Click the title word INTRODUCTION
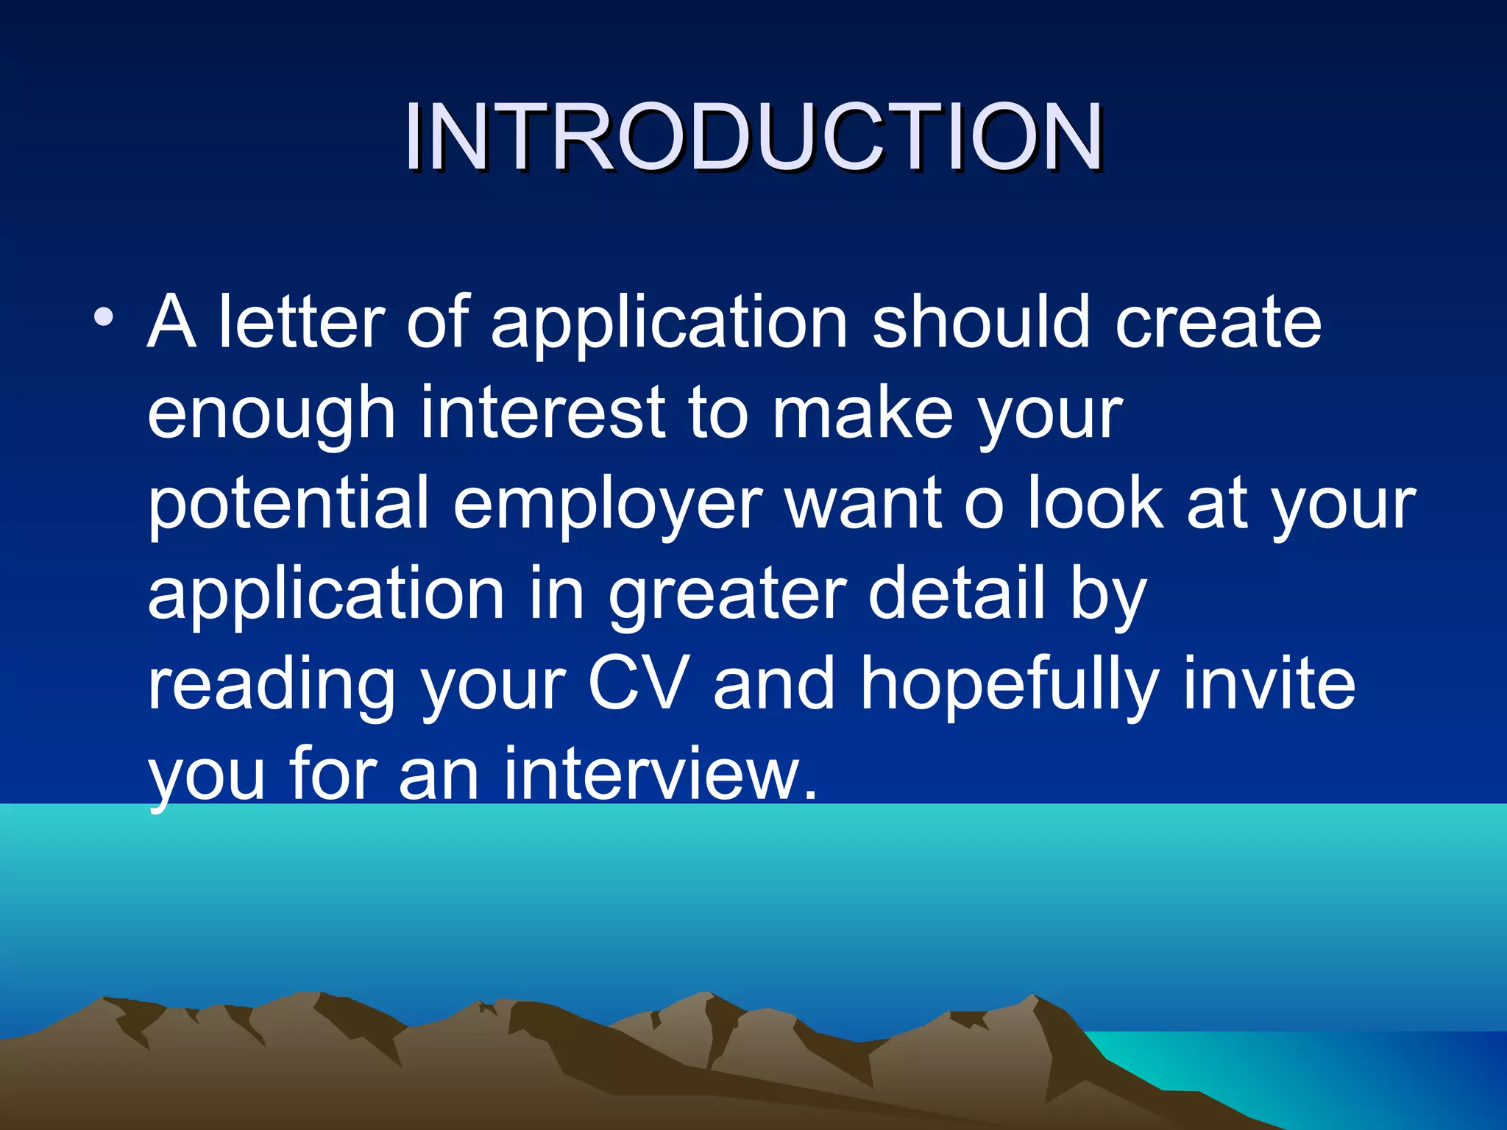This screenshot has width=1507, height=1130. (753, 137)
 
